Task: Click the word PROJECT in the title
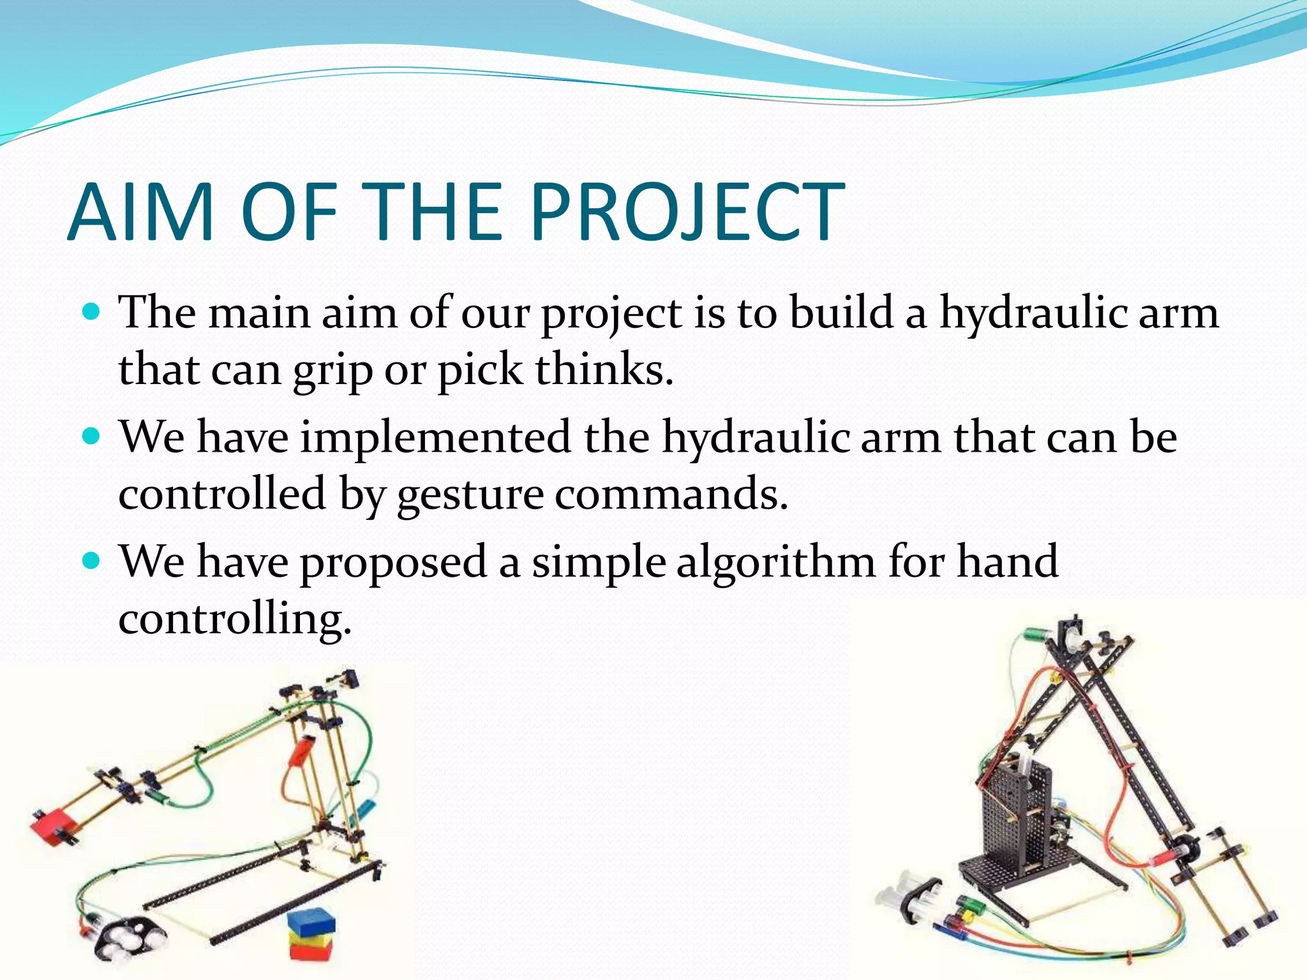coord(686,212)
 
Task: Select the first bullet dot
coord(93,313)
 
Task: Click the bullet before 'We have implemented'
coord(93,437)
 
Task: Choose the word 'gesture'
coord(470,495)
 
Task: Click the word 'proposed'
coord(394,564)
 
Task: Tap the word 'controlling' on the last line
coord(234,619)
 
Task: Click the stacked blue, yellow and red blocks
coord(311,935)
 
